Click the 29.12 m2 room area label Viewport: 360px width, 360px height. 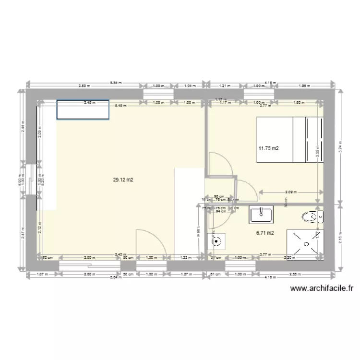click(x=123, y=180)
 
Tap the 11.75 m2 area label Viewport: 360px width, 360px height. click(x=268, y=148)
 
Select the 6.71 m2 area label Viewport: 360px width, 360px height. click(x=265, y=233)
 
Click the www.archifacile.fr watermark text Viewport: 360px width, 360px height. click(x=322, y=288)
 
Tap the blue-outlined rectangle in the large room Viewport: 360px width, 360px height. click(x=83, y=110)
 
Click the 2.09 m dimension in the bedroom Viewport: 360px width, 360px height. click(x=290, y=192)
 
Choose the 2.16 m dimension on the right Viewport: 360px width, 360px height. click(x=340, y=236)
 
